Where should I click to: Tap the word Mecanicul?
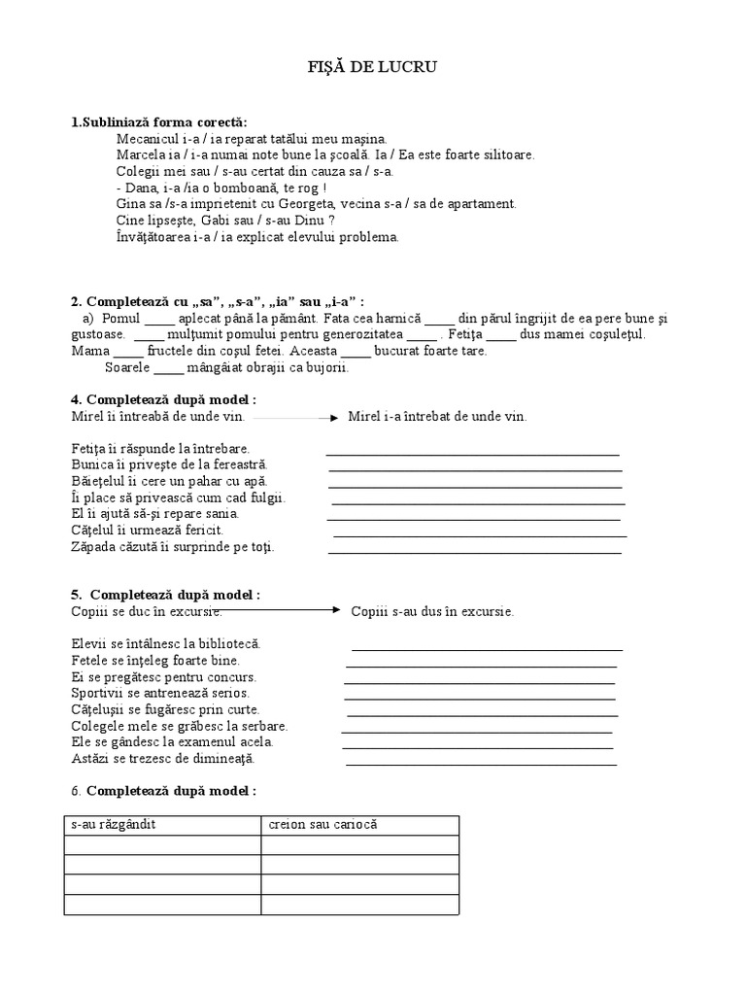click(146, 139)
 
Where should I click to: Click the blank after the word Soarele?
click(168, 368)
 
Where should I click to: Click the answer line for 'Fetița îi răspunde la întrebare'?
click(472, 453)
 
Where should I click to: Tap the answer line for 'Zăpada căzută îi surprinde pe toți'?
click(475, 552)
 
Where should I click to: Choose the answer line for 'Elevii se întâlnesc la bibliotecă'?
click(487, 649)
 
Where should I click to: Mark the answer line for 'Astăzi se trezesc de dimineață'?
click(481, 764)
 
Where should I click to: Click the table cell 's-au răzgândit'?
click(162, 824)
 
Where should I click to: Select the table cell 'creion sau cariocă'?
click(359, 824)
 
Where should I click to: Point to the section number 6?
click(75, 791)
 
